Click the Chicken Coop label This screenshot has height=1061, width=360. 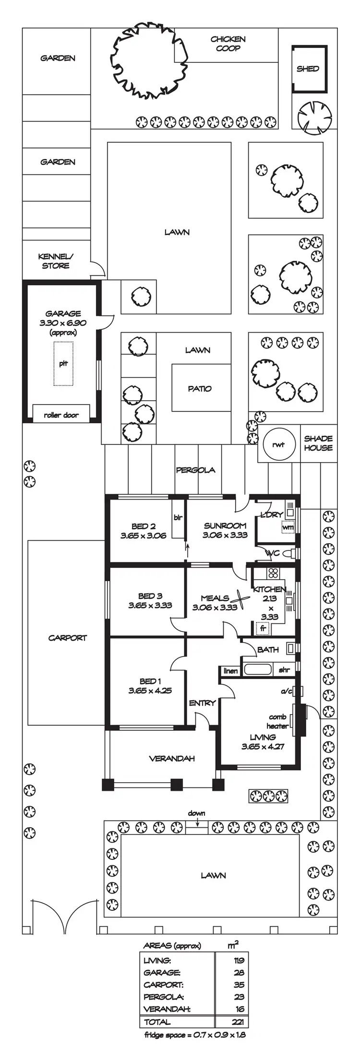(228, 44)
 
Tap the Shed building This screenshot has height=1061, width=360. (308, 69)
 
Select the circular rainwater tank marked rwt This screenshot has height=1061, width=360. (278, 444)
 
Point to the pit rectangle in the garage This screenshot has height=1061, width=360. (63, 363)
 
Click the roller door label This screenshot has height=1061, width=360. (61, 415)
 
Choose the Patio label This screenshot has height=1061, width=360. (200, 389)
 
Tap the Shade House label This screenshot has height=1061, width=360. (318, 443)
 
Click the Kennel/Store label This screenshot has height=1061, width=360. (56, 261)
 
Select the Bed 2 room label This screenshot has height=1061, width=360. (143, 531)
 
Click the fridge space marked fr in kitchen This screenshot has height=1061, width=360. (263, 628)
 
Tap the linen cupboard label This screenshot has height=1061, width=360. (230, 670)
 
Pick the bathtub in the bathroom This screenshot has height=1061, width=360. (258, 669)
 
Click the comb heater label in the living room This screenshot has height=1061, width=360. (278, 721)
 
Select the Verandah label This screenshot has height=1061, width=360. (172, 759)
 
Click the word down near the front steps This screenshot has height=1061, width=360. (196, 813)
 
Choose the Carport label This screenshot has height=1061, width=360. (68, 638)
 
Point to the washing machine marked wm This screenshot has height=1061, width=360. (288, 527)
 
